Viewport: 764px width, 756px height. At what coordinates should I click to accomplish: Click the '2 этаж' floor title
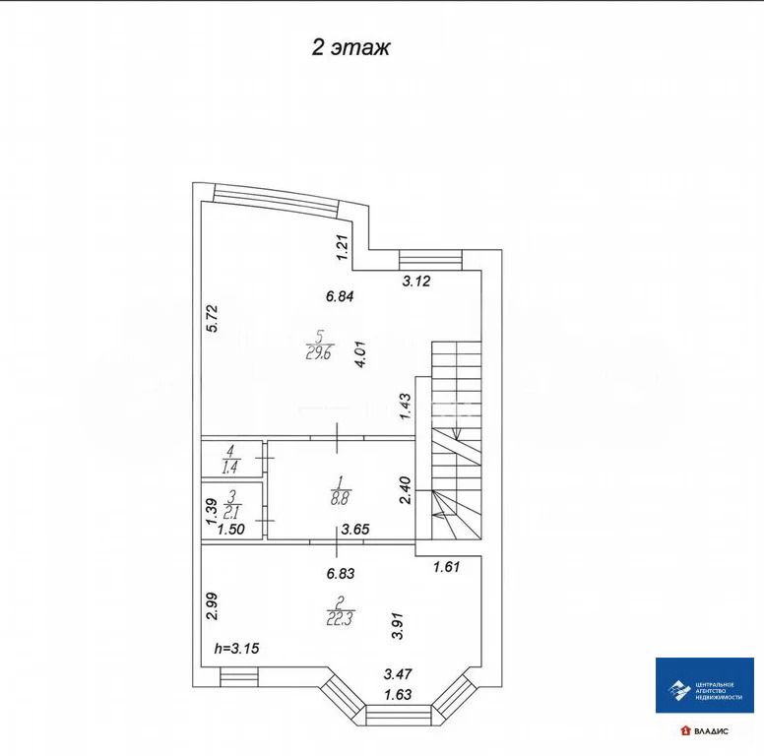(350, 47)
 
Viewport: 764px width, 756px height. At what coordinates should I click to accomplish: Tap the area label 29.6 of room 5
(319, 352)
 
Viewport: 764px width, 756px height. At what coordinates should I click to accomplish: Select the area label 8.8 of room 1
(340, 498)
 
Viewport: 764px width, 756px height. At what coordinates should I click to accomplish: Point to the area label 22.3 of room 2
(340, 618)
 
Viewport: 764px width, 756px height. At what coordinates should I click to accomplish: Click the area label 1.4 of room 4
(229, 468)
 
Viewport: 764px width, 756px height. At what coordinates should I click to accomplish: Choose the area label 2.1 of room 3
(232, 512)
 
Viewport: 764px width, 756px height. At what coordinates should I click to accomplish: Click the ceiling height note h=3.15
(237, 649)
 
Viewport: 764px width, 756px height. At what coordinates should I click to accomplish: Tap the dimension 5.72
(213, 319)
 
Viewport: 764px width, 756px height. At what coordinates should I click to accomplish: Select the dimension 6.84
(340, 295)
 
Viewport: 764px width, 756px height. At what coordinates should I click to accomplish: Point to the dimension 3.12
(416, 282)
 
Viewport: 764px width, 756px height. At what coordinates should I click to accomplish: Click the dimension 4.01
(361, 354)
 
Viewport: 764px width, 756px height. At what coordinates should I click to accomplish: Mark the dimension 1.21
(344, 247)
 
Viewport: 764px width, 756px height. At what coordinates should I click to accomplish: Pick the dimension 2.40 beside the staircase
(405, 490)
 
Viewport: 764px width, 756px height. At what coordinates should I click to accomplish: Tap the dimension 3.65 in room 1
(355, 529)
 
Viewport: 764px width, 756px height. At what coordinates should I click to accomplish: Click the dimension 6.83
(341, 573)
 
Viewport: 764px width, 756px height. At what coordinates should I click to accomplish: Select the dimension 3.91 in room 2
(398, 626)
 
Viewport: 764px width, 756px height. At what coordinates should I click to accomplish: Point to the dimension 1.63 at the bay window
(398, 694)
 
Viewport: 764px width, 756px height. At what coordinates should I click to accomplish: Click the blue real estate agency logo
(705, 685)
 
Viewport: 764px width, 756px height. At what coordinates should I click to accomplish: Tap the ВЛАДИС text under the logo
(712, 731)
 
